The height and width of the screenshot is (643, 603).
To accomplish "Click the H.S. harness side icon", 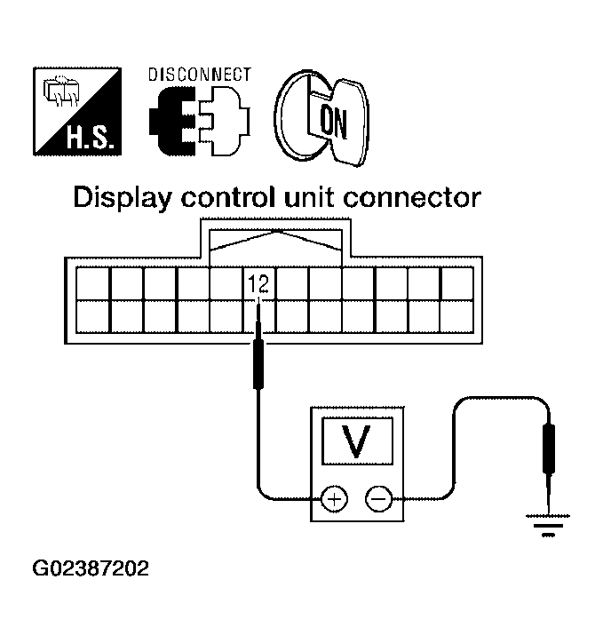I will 78,110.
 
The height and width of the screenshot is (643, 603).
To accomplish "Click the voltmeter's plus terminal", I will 334,500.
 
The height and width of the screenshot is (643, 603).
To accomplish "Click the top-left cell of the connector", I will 92,285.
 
